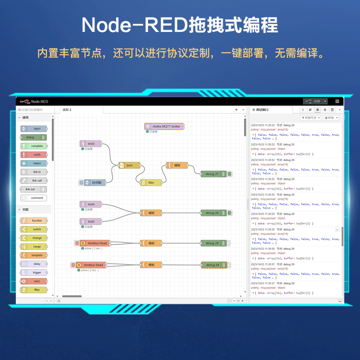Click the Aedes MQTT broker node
(x=164, y=126)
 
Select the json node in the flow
(x=129, y=165)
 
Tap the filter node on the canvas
(x=151, y=182)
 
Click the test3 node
(x=91, y=144)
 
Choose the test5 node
(x=91, y=221)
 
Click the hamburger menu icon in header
(x=337, y=101)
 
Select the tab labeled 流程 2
(x=67, y=109)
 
